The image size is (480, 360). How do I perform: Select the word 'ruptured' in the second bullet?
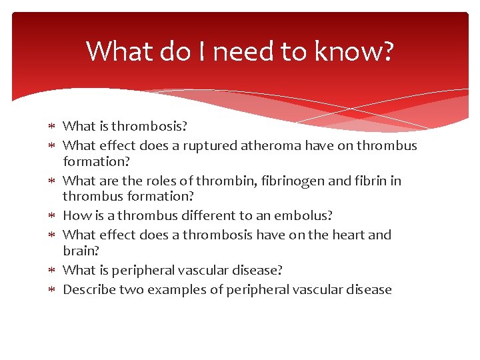tap(198, 145)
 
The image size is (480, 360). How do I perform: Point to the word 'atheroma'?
tap(253, 145)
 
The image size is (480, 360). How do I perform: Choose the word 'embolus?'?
tap(307, 215)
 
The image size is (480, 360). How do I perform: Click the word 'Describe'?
tap(88, 289)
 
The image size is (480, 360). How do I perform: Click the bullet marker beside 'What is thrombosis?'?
tap(53, 126)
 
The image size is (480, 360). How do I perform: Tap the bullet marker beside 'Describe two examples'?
tap(53, 289)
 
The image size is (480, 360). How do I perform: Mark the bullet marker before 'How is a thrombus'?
tap(53, 215)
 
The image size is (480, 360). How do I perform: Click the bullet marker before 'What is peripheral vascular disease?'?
tap(53, 270)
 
